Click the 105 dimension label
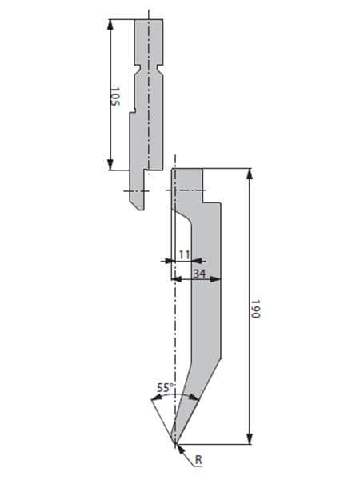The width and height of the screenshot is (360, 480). coord(114,97)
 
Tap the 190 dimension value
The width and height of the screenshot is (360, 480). coord(255,309)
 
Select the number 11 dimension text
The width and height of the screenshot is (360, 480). coord(184,254)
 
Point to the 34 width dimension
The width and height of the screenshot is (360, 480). coord(199,274)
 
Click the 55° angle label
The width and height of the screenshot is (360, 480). coord(166,387)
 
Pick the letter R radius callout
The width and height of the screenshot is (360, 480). coord(198,459)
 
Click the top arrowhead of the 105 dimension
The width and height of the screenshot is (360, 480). coord(110,25)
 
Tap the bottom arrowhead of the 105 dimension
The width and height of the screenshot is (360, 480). coord(110,165)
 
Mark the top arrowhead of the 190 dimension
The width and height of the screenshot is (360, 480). coord(250,174)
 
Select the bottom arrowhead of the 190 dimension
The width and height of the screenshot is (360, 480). coord(250,438)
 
